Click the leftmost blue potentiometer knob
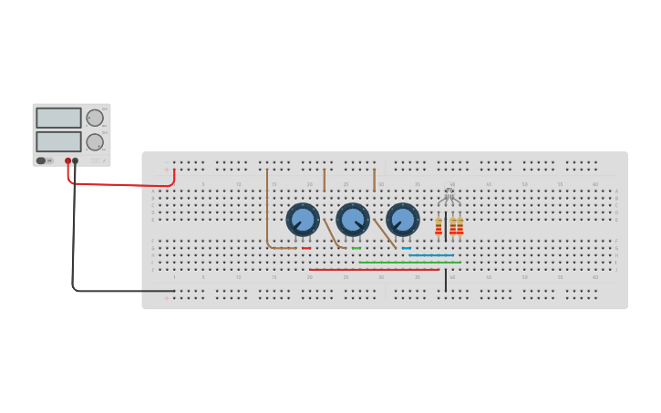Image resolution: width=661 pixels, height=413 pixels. (303, 220)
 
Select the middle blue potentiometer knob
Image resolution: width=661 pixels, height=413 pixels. (353, 220)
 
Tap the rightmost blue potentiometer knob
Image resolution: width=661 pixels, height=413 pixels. (402, 220)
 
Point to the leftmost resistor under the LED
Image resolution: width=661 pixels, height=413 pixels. (439, 226)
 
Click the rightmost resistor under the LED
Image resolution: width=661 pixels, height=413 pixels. (460, 226)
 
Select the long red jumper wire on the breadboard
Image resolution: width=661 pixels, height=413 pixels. (374, 269)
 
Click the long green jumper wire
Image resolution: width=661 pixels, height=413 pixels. (409, 263)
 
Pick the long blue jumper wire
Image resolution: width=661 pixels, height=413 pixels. (430, 255)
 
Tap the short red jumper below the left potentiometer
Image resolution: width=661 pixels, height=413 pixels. (306, 248)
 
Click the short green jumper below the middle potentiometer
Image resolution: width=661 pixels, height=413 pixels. (356, 248)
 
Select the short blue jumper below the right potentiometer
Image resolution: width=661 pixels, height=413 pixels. (406, 248)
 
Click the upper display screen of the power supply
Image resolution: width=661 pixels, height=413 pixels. (58, 118)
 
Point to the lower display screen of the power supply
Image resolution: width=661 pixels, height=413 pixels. (58, 141)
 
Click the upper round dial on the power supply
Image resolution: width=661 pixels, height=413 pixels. (95, 118)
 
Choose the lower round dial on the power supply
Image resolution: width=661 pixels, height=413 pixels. (95, 142)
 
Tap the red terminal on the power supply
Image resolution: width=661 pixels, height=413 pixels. (67, 161)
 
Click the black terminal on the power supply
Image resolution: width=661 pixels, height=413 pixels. (75, 161)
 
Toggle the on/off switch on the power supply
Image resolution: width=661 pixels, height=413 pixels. (41, 160)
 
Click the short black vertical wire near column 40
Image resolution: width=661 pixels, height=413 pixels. (446, 281)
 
